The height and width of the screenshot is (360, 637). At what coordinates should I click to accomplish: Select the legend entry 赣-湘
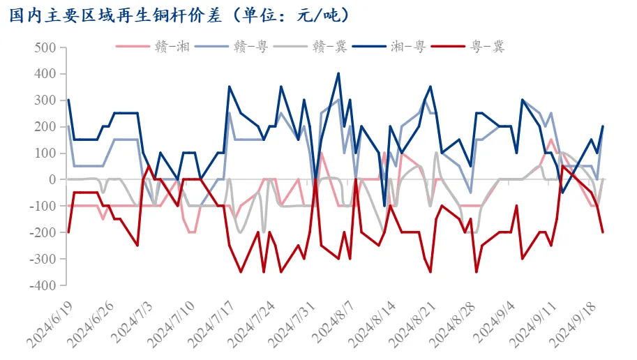pyautogui.click(x=167, y=47)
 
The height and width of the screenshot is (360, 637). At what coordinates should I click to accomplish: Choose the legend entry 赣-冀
pyautogui.click(x=326, y=47)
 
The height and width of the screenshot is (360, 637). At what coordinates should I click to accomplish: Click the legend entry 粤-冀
pyautogui.click(x=484, y=47)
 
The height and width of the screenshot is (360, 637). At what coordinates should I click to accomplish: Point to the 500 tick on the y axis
pyautogui.click(x=44, y=47)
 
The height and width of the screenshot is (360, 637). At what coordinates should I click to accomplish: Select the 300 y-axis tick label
pyautogui.click(x=44, y=100)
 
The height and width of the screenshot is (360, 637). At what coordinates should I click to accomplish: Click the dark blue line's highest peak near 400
pyautogui.click(x=338, y=73)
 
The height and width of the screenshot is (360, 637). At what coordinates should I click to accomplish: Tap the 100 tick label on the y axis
pyautogui.click(x=44, y=153)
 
